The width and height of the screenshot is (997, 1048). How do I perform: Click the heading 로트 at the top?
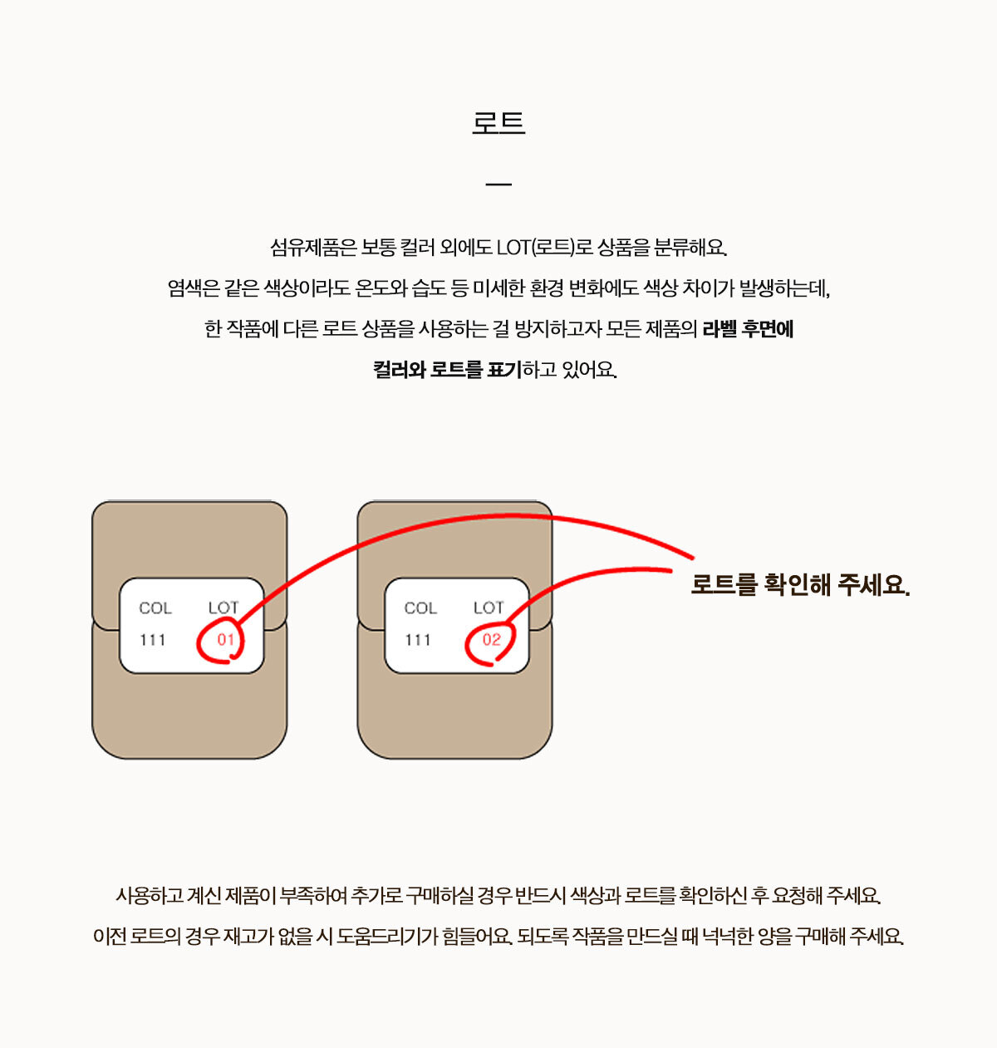(498, 123)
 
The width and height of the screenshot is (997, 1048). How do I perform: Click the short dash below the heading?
(498, 185)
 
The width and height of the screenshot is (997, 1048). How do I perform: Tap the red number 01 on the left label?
(225, 639)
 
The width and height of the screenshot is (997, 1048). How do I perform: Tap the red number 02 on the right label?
(491, 639)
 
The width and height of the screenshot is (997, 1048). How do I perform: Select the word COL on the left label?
(155, 608)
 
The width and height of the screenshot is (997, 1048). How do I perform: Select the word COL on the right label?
(420, 608)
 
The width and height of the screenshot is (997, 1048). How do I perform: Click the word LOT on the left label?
(223, 608)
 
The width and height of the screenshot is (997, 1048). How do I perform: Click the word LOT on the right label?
(489, 608)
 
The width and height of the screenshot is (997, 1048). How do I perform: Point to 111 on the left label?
(152, 640)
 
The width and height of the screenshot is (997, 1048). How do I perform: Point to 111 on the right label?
(418, 640)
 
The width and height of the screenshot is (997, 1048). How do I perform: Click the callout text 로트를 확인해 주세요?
(800, 585)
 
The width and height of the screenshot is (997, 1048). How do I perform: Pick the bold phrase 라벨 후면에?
(748, 329)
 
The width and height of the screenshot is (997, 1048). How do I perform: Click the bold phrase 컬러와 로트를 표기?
(447, 369)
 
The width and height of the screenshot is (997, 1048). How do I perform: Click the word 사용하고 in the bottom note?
(150, 896)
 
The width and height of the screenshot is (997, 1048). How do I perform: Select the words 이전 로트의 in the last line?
(137, 936)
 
